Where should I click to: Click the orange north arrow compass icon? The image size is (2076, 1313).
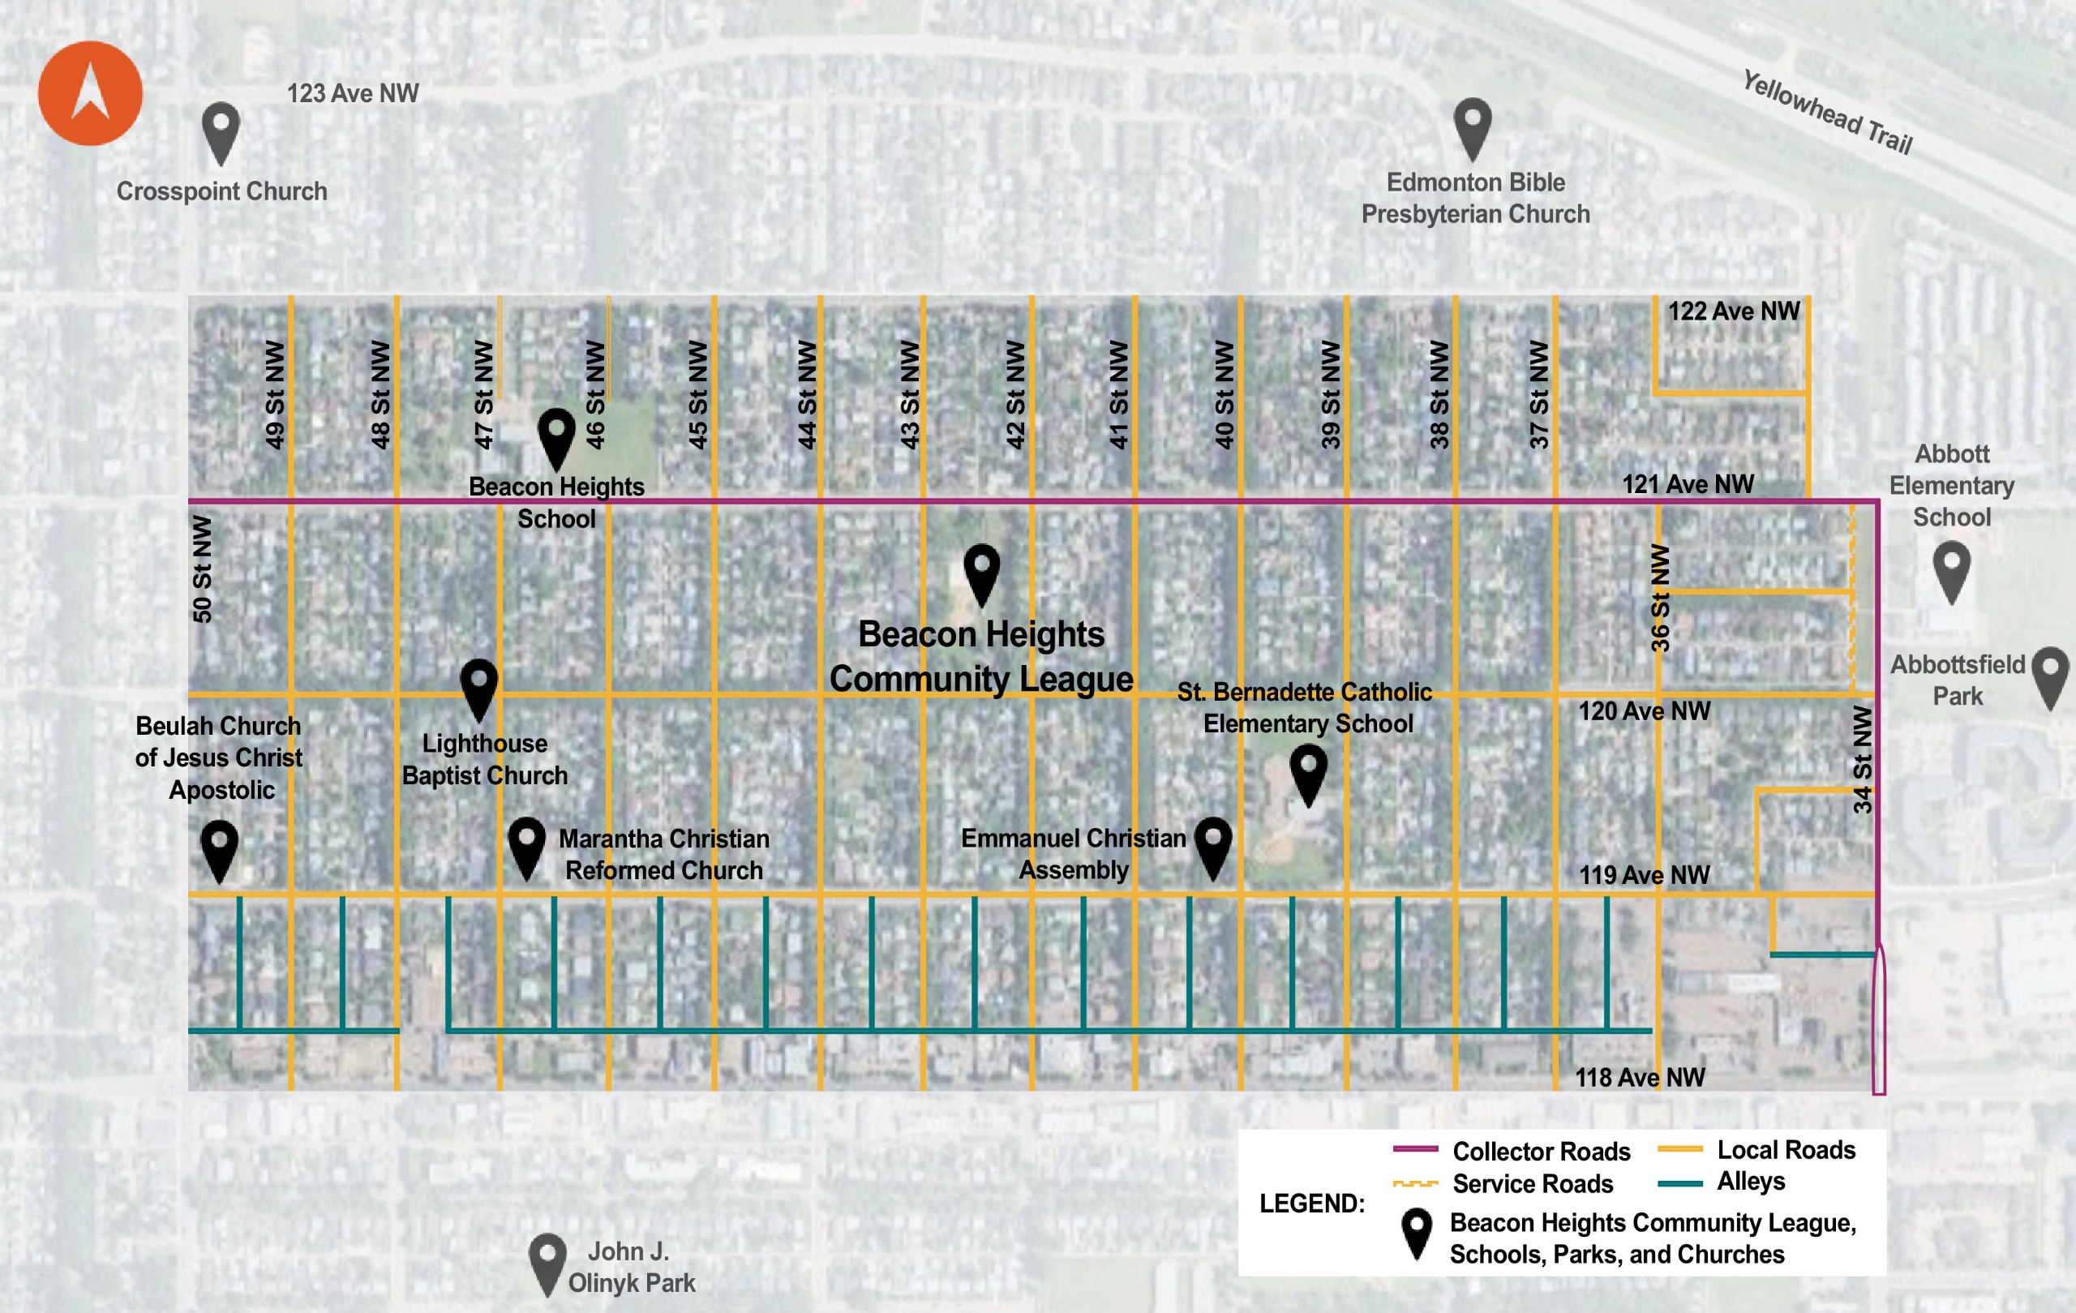tap(90, 93)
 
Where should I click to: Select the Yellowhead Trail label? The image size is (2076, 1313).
tap(1827, 113)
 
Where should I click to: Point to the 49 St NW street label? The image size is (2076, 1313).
tap(274, 394)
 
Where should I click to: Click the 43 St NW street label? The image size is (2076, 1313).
tap(910, 394)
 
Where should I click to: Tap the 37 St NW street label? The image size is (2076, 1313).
tap(1539, 394)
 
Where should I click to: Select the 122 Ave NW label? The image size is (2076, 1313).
tap(1733, 311)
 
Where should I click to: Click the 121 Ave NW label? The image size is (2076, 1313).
tap(1688, 484)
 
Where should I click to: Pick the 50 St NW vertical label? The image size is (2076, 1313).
tap(202, 569)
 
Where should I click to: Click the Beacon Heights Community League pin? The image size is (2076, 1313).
tap(981, 572)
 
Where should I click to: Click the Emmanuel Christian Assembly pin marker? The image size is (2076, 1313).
tap(1212, 845)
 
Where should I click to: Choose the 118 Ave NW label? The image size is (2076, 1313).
tap(1639, 1078)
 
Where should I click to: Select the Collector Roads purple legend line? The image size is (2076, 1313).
tap(1416, 1149)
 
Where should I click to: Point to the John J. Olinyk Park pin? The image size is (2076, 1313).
tap(547, 1260)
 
